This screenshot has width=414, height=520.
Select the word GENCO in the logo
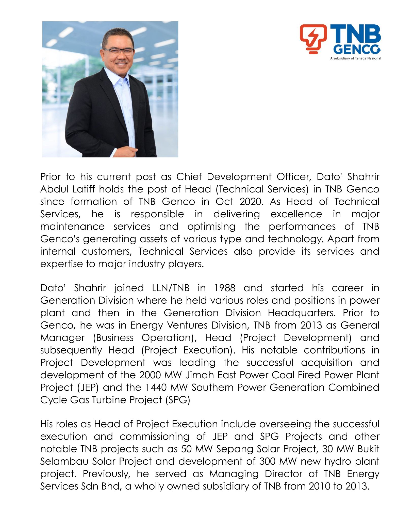click(x=357, y=49)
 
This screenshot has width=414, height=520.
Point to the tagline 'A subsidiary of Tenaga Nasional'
click(x=355, y=58)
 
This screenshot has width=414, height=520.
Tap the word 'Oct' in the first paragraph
click(x=224, y=202)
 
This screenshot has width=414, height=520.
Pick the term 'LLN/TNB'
click(x=171, y=288)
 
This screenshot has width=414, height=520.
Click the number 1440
click(x=156, y=388)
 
